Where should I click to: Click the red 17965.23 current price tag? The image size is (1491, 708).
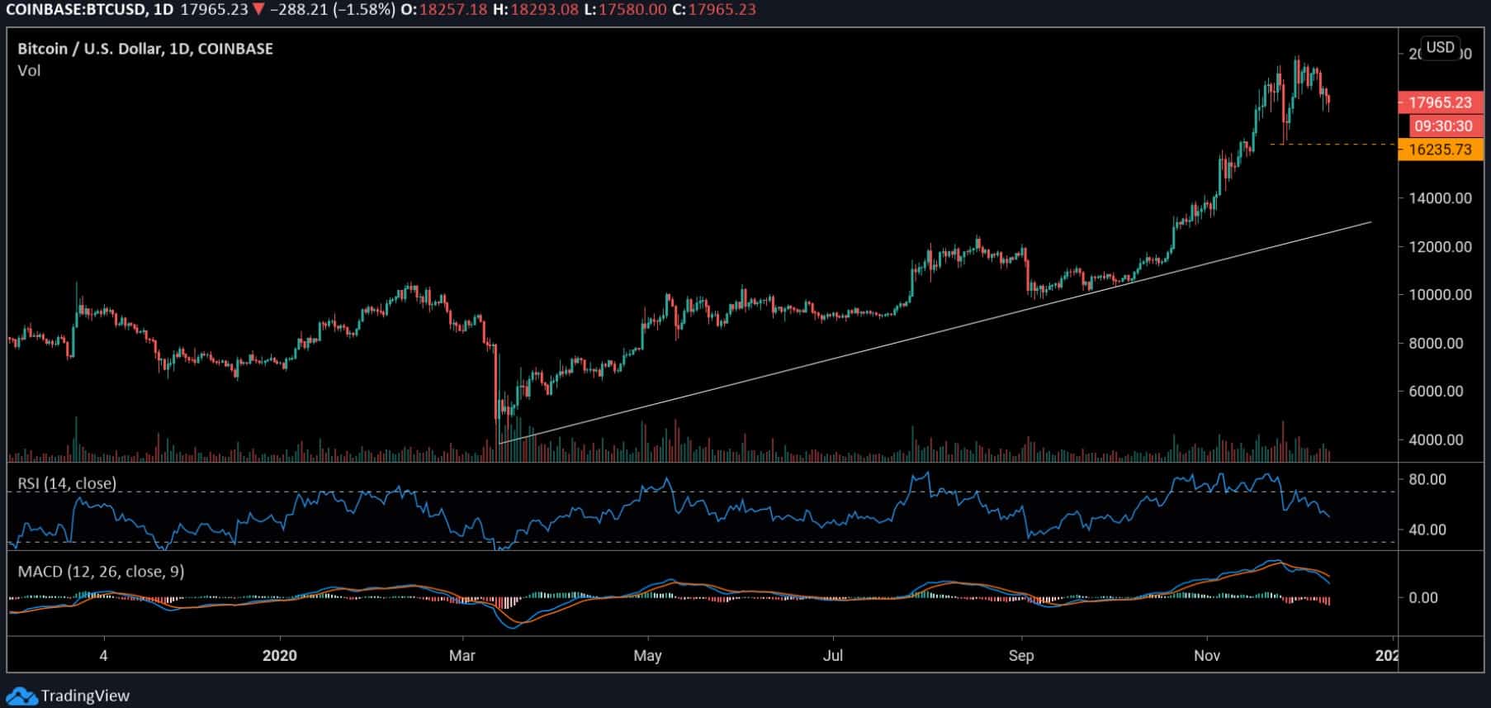(x=1440, y=102)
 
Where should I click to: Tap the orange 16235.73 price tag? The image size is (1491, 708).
(x=1440, y=150)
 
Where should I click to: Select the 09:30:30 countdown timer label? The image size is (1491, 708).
(x=1442, y=126)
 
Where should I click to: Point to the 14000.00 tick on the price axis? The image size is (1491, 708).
(x=1440, y=198)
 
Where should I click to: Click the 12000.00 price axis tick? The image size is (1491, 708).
(x=1440, y=247)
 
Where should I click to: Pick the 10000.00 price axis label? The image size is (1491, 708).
(x=1440, y=295)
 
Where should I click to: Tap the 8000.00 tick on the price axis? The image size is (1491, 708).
(x=1442, y=344)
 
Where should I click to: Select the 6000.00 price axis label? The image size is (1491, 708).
(x=1442, y=392)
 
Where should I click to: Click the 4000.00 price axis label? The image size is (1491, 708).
(x=1442, y=440)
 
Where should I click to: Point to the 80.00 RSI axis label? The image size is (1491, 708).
(x=1427, y=480)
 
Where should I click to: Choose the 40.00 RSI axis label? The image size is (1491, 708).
(x=1427, y=530)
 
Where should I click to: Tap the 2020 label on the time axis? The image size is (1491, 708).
(x=279, y=656)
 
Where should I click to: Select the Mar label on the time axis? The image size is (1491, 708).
(x=462, y=656)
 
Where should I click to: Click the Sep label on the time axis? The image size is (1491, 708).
(x=1021, y=656)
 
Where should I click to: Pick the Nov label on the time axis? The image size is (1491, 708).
(x=1207, y=656)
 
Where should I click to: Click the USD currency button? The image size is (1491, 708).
(x=1440, y=47)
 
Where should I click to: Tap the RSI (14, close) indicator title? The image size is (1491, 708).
(x=67, y=483)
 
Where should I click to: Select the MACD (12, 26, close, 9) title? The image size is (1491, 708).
(x=101, y=572)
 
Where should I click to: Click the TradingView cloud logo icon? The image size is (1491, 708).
(x=21, y=696)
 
